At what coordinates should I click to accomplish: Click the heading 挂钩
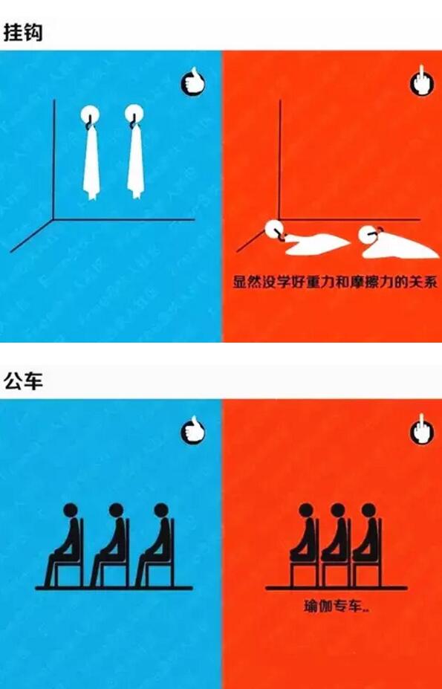pyautogui.click(x=23, y=32)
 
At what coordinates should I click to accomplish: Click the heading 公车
pyautogui.click(x=23, y=380)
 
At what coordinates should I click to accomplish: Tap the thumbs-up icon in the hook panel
pyautogui.click(x=193, y=82)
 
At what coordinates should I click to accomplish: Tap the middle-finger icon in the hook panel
pyautogui.click(x=422, y=82)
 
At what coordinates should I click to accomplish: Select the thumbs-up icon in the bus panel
pyautogui.click(x=193, y=430)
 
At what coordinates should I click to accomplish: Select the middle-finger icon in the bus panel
pyautogui.click(x=422, y=430)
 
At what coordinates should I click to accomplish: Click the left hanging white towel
pyautogui.click(x=91, y=163)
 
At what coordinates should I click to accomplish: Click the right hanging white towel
pyautogui.click(x=136, y=162)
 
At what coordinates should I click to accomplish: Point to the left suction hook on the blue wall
pyautogui.click(x=90, y=115)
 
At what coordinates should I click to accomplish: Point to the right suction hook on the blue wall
pyautogui.click(x=134, y=114)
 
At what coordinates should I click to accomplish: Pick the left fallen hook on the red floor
pyautogui.click(x=275, y=229)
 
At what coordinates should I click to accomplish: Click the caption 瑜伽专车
pyautogui.click(x=332, y=606)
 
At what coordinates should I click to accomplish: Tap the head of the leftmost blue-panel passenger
pyautogui.click(x=71, y=511)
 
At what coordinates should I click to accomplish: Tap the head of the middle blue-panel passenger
pyautogui.click(x=116, y=511)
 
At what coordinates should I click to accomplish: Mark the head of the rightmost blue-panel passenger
pyautogui.click(x=161, y=511)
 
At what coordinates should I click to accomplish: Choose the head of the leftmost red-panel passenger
pyautogui.click(x=306, y=511)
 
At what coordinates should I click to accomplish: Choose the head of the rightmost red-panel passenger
pyautogui.click(x=368, y=511)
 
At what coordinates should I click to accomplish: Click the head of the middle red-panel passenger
pyautogui.click(x=337, y=511)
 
